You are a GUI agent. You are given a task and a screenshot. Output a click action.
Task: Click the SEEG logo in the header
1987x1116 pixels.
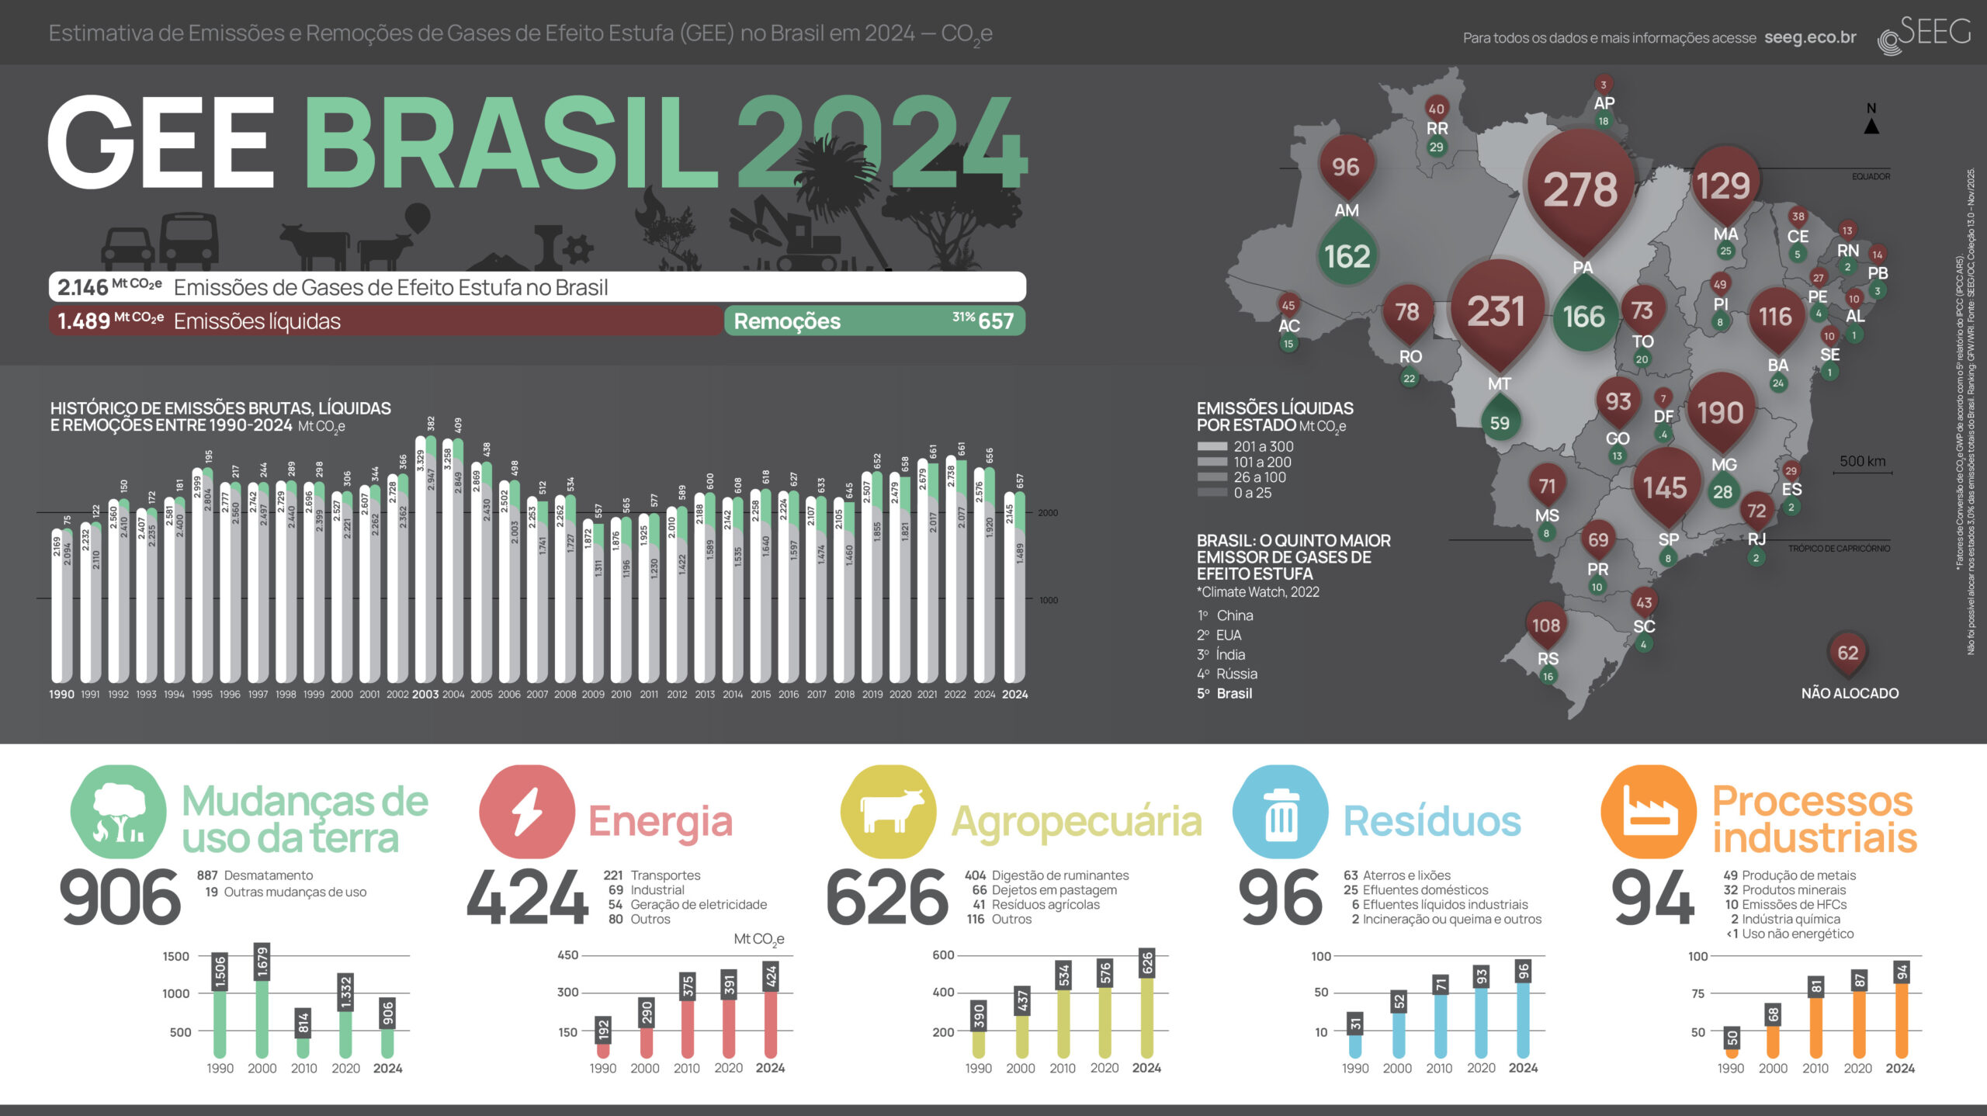point(1924,35)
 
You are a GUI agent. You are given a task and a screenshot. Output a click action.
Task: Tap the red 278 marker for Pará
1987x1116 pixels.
point(1580,189)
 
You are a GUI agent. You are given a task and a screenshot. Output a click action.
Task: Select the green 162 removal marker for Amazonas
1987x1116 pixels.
point(1347,255)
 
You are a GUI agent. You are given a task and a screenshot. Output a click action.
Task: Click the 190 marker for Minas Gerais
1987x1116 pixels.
point(1720,412)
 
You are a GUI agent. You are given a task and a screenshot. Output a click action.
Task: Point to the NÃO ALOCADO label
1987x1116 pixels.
point(1850,693)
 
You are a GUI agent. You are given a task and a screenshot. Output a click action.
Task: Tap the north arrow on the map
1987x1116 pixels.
point(1871,125)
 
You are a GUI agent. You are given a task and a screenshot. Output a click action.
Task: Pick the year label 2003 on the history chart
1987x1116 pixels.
point(425,695)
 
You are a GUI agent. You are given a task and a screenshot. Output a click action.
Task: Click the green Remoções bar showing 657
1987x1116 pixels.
point(874,321)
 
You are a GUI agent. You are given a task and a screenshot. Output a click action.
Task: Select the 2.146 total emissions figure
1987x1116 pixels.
point(82,287)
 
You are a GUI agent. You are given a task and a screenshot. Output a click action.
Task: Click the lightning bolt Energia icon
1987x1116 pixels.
point(527,812)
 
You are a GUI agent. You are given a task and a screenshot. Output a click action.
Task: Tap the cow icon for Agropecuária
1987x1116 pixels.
point(888,812)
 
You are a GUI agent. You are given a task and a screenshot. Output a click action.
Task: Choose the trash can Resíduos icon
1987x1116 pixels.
point(1280,812)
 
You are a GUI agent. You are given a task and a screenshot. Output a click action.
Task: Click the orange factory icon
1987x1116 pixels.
point(1649,812)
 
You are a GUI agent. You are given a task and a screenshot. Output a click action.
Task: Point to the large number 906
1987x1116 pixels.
point(120,898)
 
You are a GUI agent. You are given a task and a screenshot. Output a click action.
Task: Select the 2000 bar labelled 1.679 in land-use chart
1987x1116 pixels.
point(262,1001)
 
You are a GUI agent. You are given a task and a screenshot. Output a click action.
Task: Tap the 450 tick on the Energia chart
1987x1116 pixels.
point(568,955)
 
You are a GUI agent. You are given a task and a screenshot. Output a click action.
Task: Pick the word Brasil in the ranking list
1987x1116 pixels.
point(1234,693)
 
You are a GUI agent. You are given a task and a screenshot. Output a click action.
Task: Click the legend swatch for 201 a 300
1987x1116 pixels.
point(1212,446)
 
